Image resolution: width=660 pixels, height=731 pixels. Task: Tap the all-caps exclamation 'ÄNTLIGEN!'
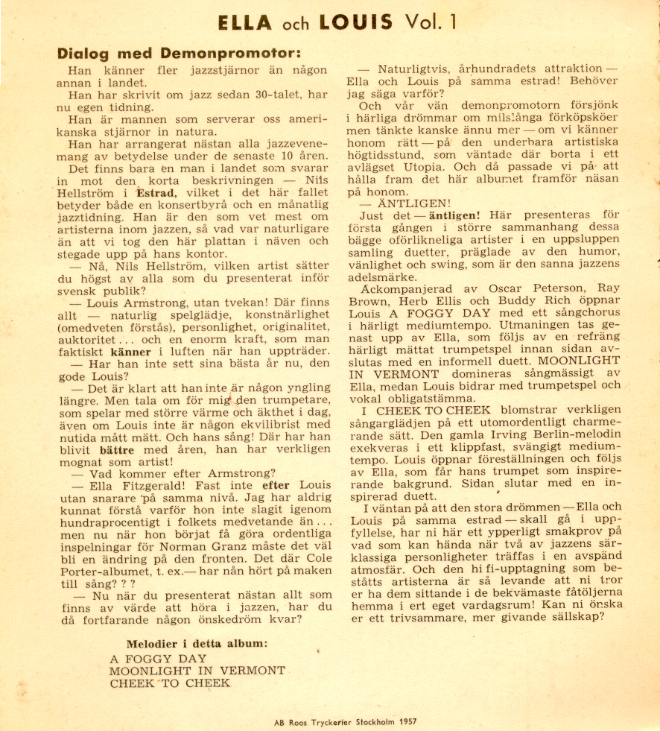pyautogui.click(x=407, y=202)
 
